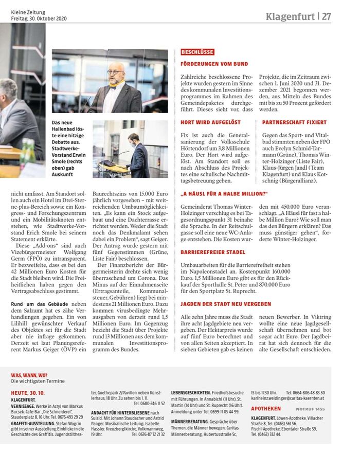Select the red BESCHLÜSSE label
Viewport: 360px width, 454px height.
tap(197, 52)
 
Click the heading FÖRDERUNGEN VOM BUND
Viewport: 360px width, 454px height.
tap(214, 64)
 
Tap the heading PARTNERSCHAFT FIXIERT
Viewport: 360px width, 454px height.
tap(294, 122)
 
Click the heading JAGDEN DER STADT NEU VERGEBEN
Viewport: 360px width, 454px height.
tap(226, 304)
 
